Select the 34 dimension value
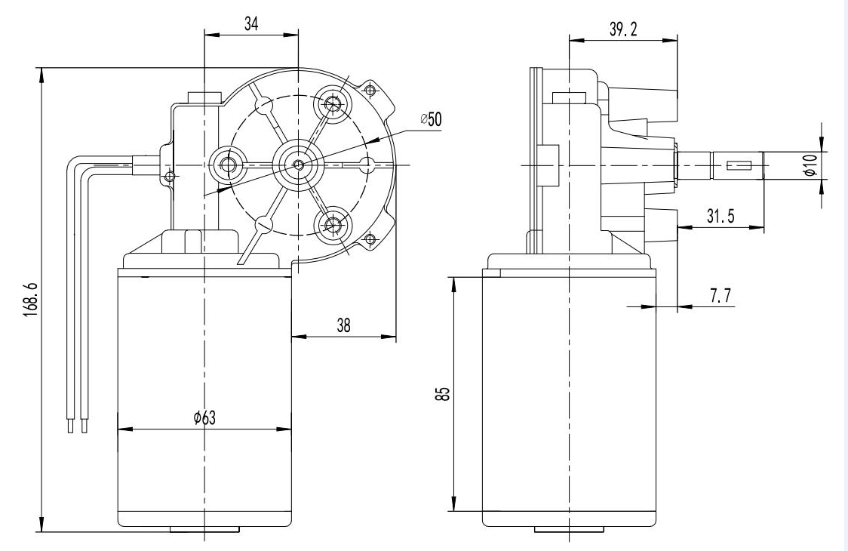[x=251, y=23]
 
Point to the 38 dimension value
[x=343, y=325]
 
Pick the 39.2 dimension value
[x=622, y=29]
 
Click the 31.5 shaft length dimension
[x=720, y=216]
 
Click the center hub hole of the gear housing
[x=299, y=164]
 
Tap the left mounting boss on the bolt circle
[x=228, y=163]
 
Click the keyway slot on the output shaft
[x=739, y=165]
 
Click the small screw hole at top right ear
[x=369, y=91]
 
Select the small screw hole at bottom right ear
[x=369, y=240]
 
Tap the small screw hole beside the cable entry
[x=171, y=176]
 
